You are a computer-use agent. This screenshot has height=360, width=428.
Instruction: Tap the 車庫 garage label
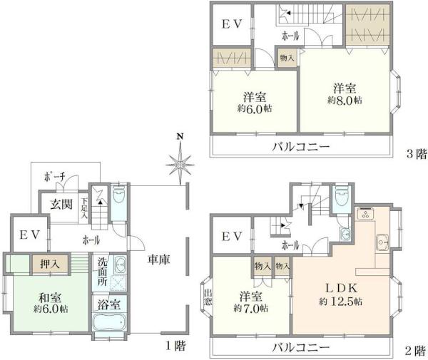pos(159,259)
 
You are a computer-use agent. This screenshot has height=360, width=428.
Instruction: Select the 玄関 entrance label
pos(61,204)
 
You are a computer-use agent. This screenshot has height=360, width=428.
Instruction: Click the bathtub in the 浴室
pos(109,322)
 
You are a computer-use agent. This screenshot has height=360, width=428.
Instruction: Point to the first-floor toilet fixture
pos(118,194)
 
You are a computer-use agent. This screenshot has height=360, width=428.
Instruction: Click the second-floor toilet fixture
pos(342,197)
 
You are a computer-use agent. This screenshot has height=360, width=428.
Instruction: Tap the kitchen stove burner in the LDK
pos(365,213)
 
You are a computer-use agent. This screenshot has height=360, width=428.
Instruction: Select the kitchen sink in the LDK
pos(382,242)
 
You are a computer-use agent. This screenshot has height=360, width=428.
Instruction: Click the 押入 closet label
pos(49,264)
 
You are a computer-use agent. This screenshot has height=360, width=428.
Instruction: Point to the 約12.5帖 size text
pos(341,302)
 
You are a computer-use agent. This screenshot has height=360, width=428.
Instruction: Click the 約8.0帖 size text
pos(345,100)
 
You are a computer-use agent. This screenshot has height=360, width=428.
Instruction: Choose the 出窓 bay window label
pos(208,297)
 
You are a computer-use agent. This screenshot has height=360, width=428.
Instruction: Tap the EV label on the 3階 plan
pos(231,24)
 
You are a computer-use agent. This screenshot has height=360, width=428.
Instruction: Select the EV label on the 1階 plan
pos(30,235)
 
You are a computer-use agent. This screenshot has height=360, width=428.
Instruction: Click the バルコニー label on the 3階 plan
pos(301,147)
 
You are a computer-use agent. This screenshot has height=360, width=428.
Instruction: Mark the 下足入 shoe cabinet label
pos(85,208)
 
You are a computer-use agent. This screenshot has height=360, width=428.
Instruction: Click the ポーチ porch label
pos(55,178)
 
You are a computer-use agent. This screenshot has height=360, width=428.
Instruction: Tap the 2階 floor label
pos(415,351)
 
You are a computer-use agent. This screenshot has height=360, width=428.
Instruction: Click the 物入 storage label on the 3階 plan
pos(287,58)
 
